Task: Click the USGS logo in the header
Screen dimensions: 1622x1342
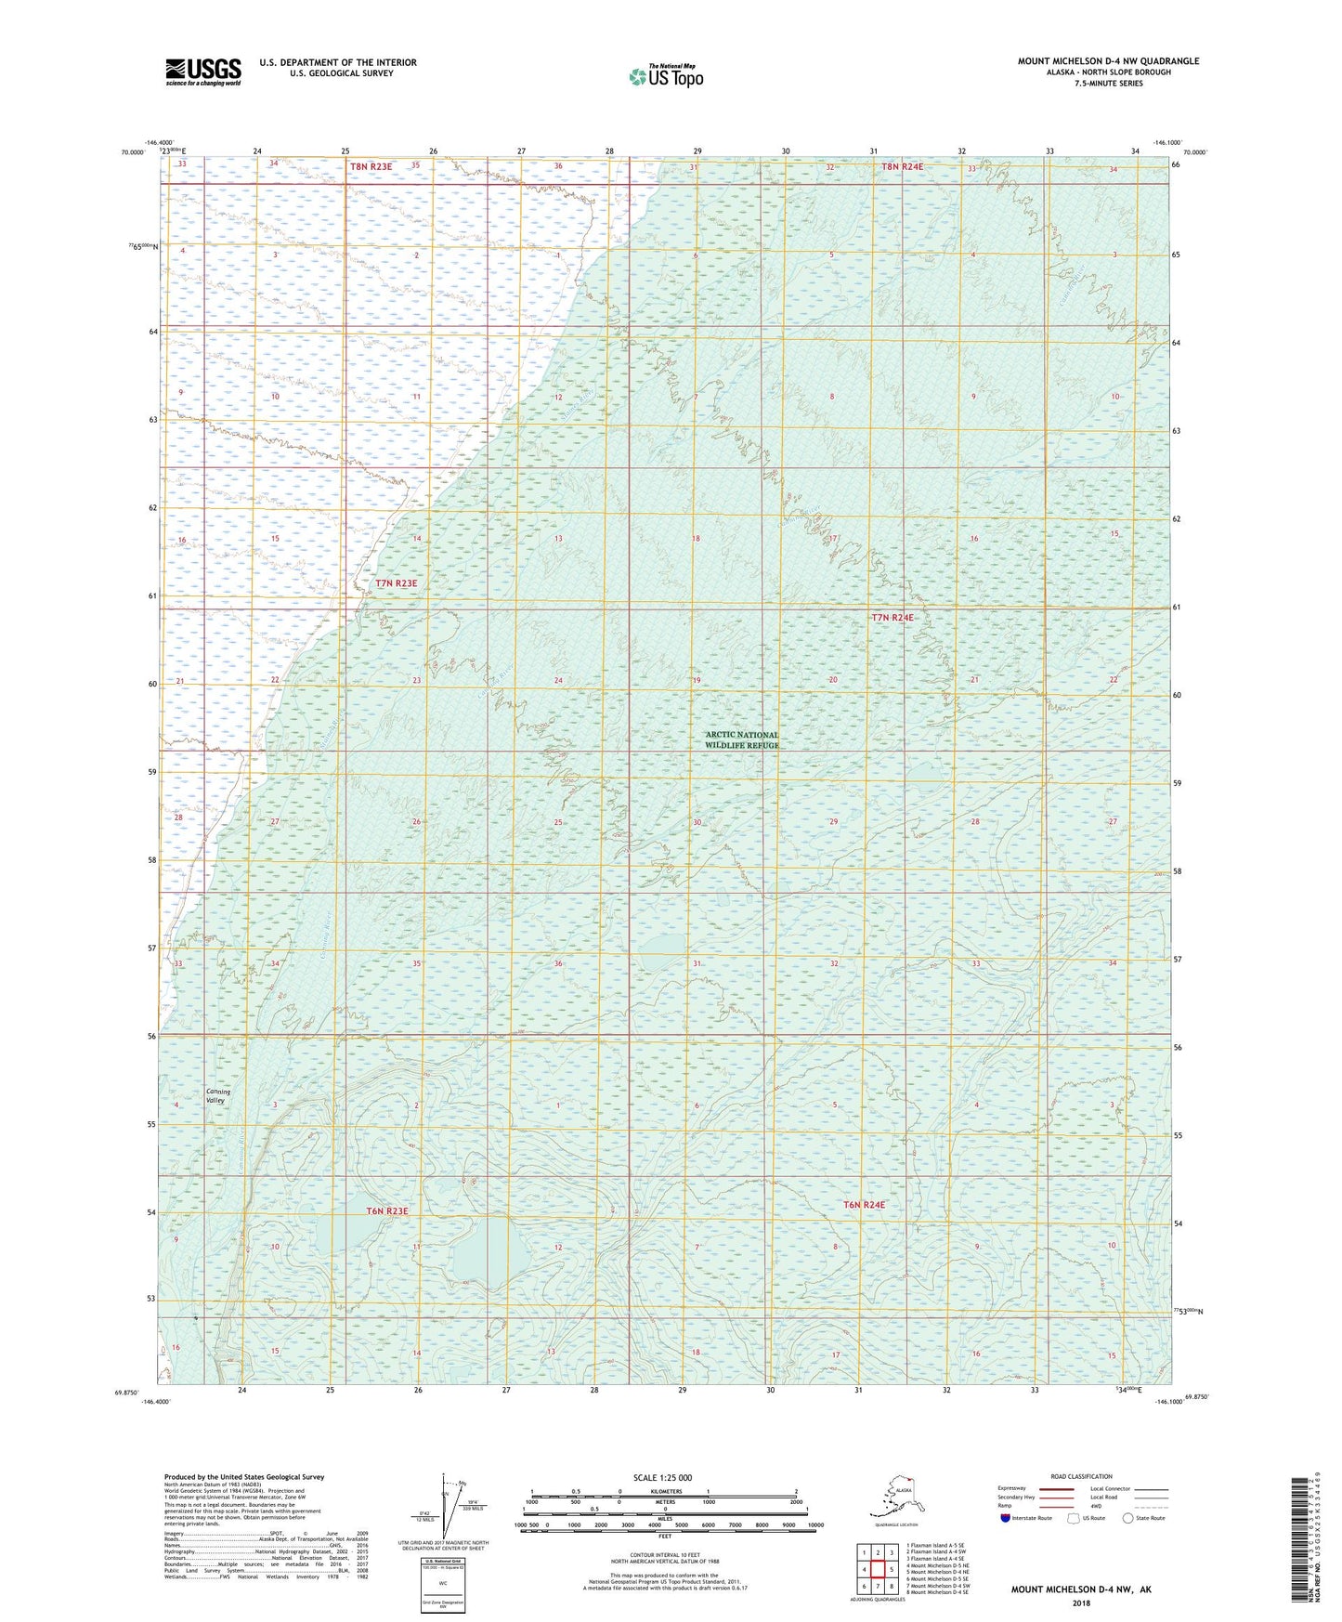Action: point(202,72)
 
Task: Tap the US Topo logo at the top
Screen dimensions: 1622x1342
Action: point(665,76)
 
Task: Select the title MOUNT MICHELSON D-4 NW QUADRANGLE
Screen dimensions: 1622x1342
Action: point(1107,61)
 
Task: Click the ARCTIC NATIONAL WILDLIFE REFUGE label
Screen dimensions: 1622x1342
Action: point(741,739)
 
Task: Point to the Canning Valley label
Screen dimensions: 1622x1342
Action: point(217,1096)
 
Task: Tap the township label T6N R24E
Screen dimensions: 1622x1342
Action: point(864,1205)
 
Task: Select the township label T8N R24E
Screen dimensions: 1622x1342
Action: point(902,167)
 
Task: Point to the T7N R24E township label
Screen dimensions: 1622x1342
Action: point(892,618)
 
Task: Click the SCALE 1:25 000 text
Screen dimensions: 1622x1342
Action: point(662,1477)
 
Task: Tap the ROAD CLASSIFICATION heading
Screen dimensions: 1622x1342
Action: point(1081,1476)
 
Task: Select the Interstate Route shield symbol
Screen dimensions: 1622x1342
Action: point(1005,1518)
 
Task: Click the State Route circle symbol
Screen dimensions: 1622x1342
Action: point(1127,1518)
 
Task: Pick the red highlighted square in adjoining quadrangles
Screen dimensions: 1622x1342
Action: point(878,1569)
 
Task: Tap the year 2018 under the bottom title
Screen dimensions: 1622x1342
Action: point(1081,1603)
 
